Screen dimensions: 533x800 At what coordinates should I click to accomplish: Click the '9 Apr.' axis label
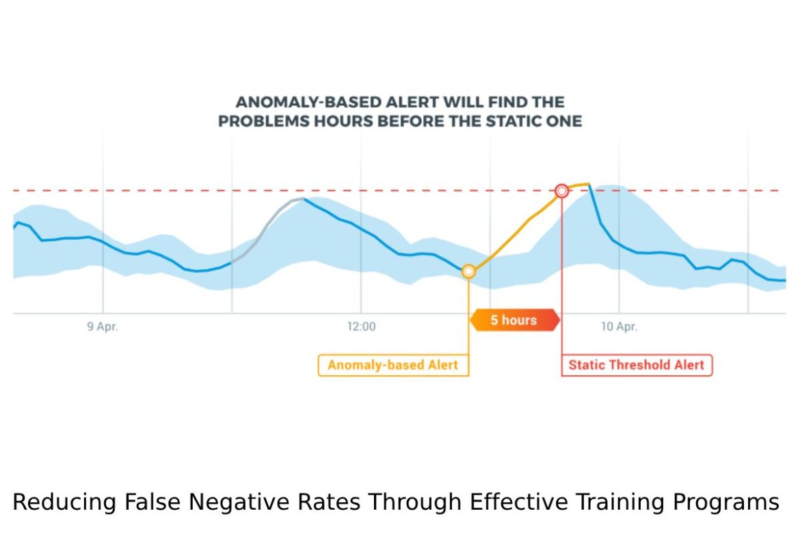coord(103,327)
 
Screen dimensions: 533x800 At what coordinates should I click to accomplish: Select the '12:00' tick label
coord(361,327)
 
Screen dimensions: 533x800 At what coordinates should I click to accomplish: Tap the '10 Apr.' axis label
coord(619,327)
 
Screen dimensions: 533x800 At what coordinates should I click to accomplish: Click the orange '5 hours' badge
coord(514,320)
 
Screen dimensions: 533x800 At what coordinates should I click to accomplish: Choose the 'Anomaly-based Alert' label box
coord(394,365)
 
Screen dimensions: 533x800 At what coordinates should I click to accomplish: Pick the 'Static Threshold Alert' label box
coord(636,365)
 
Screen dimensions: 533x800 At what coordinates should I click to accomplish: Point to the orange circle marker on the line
coord(468,271)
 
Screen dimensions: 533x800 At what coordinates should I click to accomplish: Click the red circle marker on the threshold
coord(561,191)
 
